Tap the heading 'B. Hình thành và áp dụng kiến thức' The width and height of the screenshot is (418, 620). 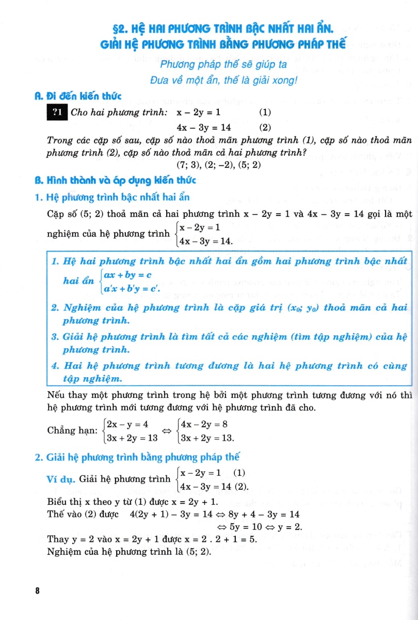(115, 180)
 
